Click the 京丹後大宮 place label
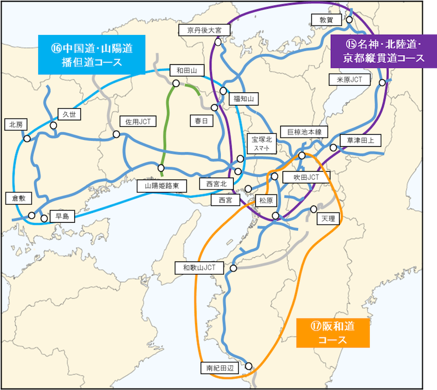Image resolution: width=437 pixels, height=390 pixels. (x=203, y=30)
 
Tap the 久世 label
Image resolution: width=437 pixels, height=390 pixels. (x=69, y=115)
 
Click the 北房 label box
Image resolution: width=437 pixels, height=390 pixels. (x=15, y=124)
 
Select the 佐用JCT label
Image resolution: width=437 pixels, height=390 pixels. (x=137, y=121)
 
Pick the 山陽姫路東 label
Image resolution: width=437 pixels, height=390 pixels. (x=162, y=186)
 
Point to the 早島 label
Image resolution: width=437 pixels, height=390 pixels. (x=61, y=216)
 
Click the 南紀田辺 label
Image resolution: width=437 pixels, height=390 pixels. (x=219, y=368)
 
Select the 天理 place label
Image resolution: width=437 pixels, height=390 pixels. (x=328, y=219)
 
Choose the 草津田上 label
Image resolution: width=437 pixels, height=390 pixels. (x=357, y=140)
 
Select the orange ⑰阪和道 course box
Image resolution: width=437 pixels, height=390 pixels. (x=333, y=333)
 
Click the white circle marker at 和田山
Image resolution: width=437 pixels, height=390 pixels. (x=176, y=83)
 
